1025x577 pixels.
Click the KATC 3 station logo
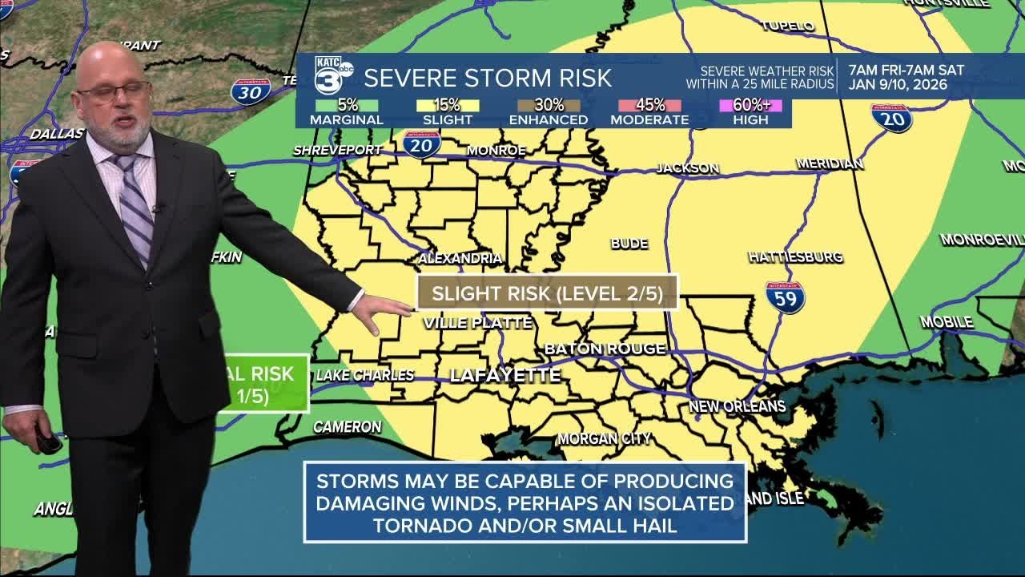[332, 76]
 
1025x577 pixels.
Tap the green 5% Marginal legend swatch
[346, 105]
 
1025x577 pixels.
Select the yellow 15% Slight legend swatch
[448, 105]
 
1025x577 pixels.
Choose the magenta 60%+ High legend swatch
[750, 105]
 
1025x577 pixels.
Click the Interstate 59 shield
[785, 297]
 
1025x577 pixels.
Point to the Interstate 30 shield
[251, 91]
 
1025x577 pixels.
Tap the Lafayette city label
[504, 375]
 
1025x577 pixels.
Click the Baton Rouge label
[605, 349]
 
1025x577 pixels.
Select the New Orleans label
[737, 406]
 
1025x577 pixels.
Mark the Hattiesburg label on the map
[795, 257]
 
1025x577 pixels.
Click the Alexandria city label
[460, 258]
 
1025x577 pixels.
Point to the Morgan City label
[604, 438]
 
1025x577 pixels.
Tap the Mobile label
[946, 322]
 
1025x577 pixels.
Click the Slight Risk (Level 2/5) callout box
[547, 293]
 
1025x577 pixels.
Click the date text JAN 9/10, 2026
[898, 85]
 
